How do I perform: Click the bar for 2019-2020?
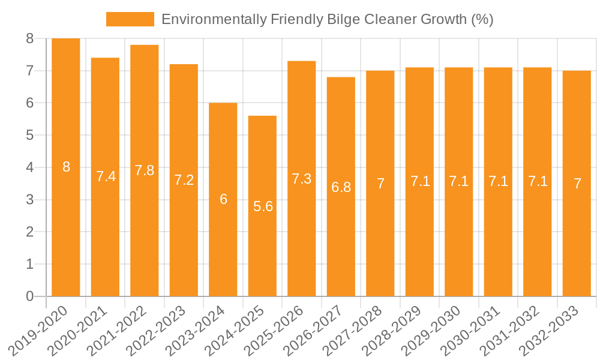66,167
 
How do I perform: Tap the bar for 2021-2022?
145,170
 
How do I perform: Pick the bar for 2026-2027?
341,187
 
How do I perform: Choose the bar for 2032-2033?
577,184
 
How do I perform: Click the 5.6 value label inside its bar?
263,206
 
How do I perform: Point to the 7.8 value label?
145,170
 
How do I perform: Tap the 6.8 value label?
341,187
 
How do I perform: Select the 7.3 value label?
302,179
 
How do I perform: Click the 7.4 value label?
106,176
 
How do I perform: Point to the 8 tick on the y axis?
29,39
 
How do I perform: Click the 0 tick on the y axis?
29,296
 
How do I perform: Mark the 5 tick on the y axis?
29,136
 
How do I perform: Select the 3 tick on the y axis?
29,200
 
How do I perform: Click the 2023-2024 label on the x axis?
197,331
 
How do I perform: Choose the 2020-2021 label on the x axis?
80,331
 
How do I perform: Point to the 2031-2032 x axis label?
512,331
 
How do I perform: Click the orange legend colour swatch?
130,19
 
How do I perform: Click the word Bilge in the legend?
340,19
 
